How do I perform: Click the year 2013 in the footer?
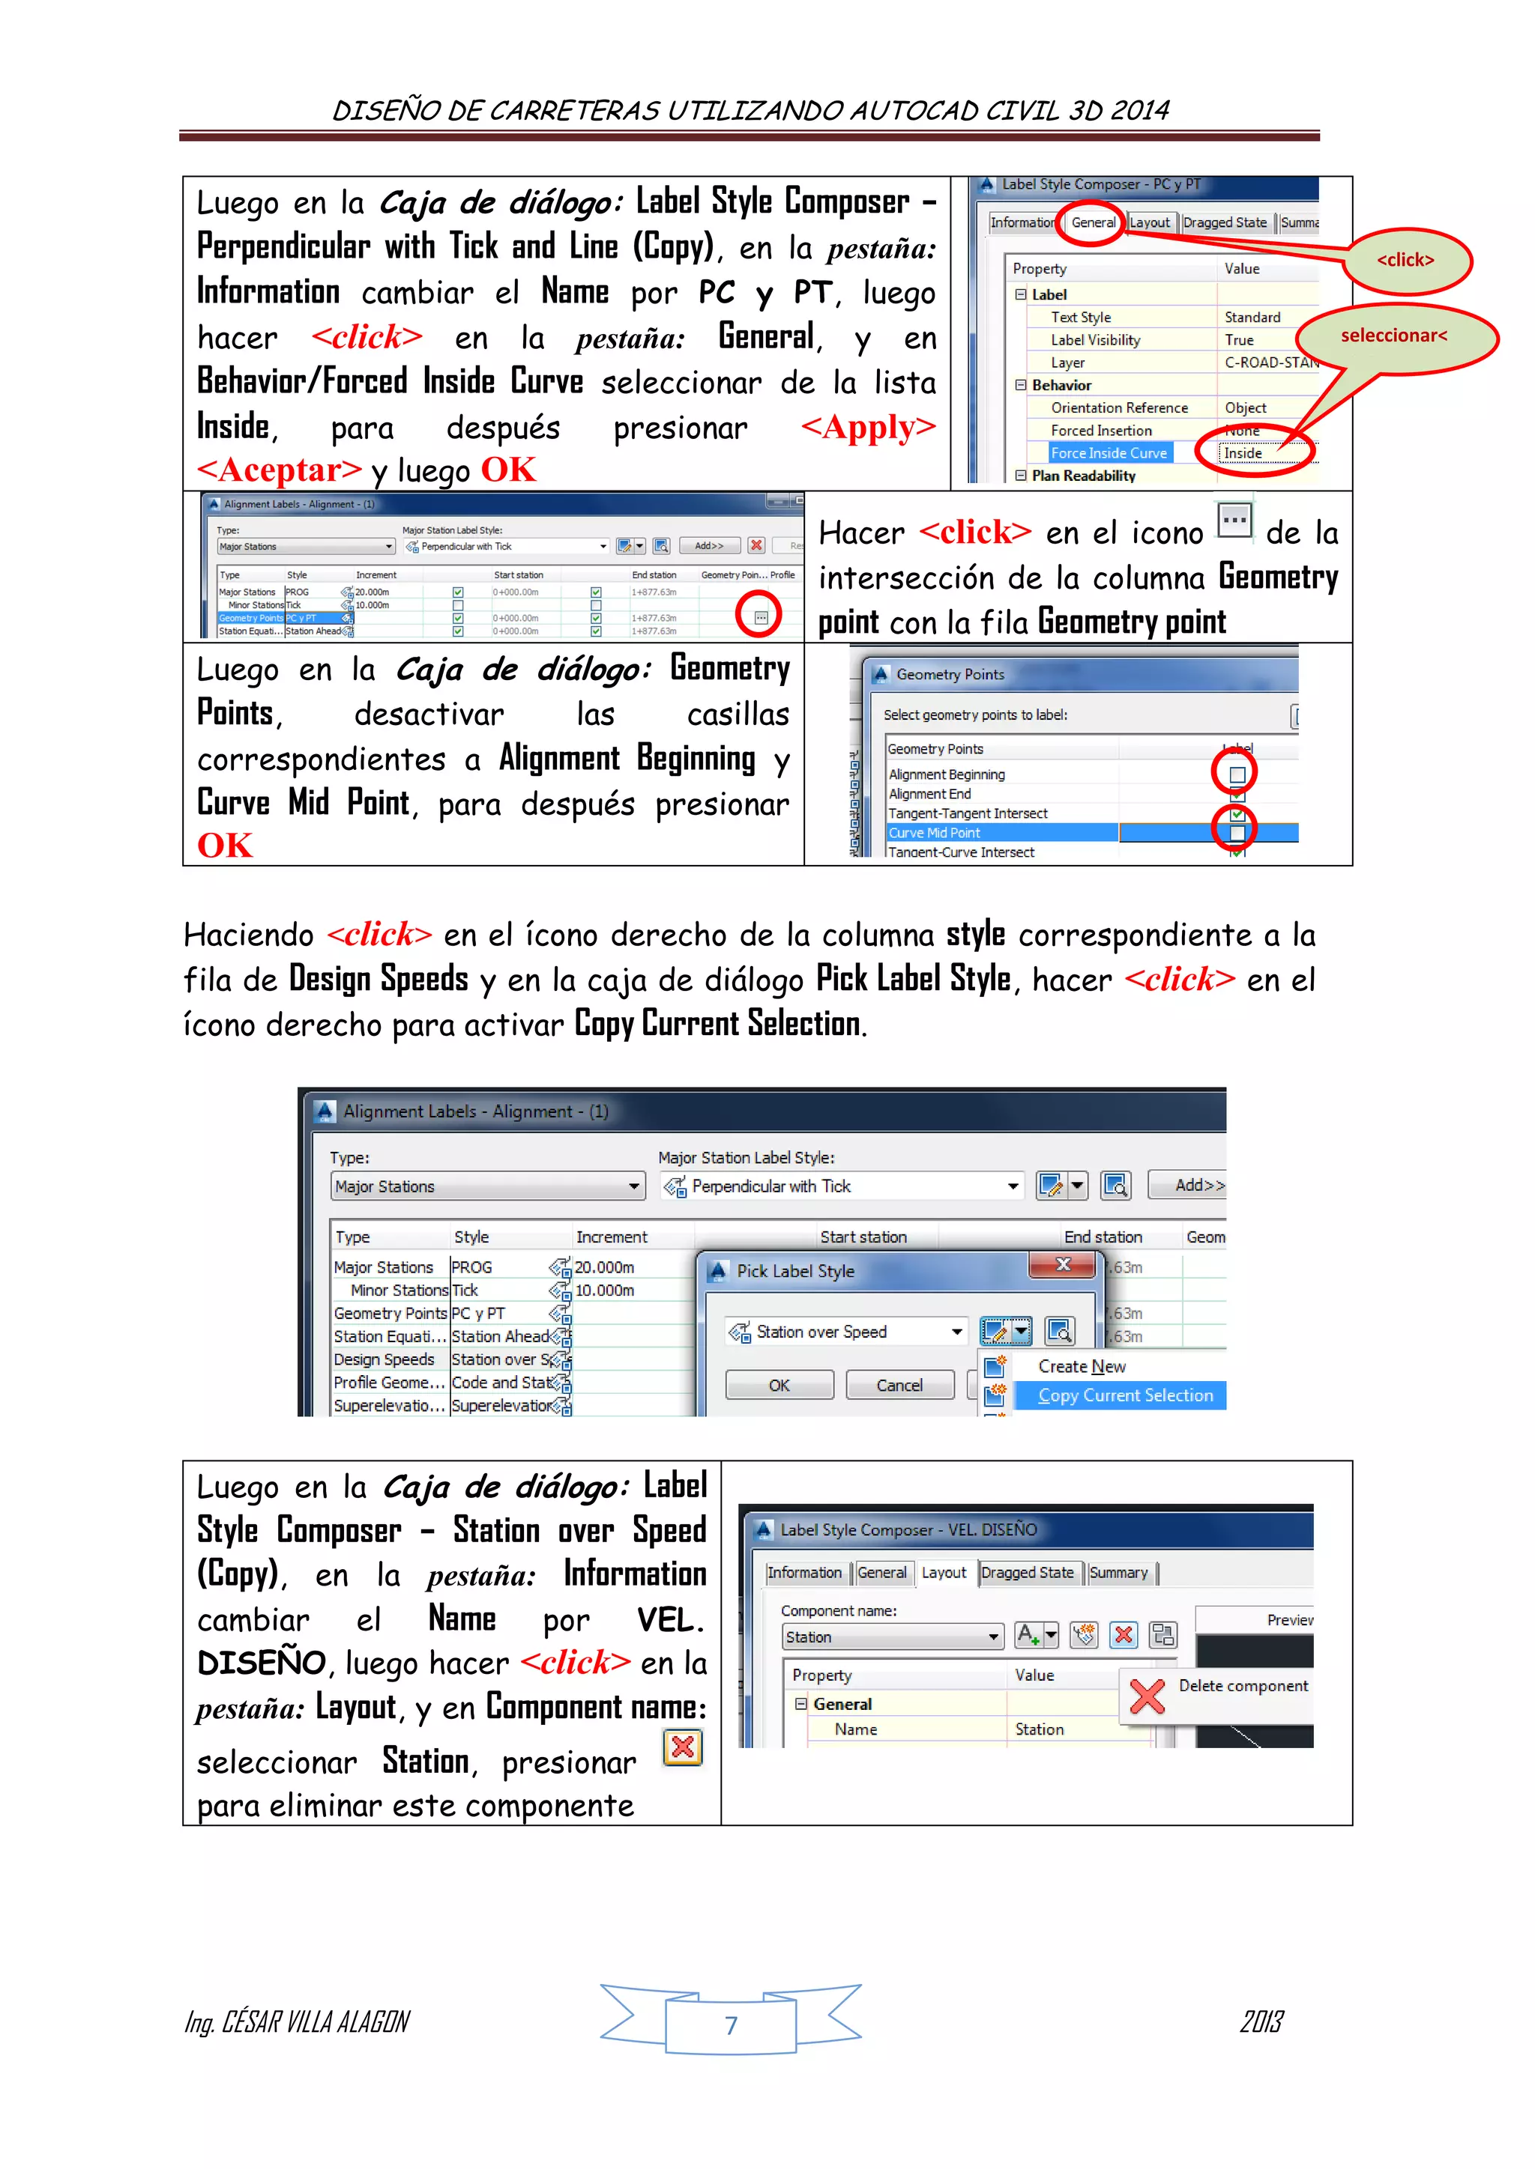(x=1261, y=2021)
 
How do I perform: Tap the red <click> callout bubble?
(x=1405, y=260)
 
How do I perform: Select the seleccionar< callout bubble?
(x=1394, y=336)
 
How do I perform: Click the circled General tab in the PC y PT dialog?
(x=1093, y=223)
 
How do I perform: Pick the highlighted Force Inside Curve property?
(x=1109, y=453)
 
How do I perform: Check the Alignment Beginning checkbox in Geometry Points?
(x=1236, y=774)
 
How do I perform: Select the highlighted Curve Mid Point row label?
(x=934, y=833)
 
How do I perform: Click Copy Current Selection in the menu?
(x=1125, y=1395)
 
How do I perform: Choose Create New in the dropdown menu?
(x=1082, y=1366)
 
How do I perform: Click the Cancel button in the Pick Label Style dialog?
(x=899, y=1385)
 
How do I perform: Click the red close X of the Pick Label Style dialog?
(x=1062, y=1265)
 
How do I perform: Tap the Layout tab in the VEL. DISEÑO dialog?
(x=944, y=1573)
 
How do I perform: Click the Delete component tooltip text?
(x=1243, y=1686)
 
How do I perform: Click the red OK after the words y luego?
(x=508, y=470)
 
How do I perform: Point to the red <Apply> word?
(x=868, y=427)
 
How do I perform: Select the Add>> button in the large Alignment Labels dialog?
(x=1198, y=1185)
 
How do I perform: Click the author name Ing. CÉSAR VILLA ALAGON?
(x=297, y=2021)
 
